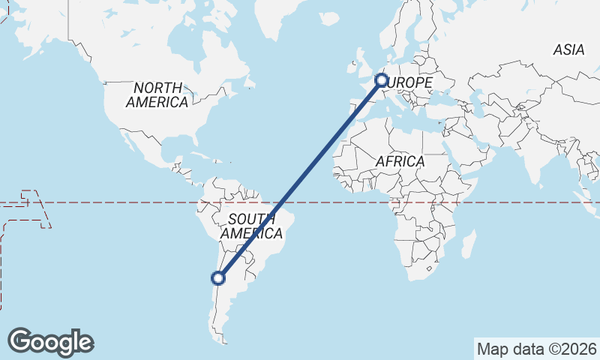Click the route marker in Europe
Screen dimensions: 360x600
coord(381,79)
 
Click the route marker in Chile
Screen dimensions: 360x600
coord(218,278)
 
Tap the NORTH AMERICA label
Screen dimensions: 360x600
coord(157,94)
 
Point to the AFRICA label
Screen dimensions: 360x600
coord(400,161)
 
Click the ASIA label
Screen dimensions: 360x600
coord(568,50)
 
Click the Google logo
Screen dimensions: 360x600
coord(50,341)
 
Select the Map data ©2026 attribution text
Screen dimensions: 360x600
coord(537,349)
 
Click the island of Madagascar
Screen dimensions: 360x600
coord(469,246)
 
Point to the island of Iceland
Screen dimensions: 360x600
coord(328,18)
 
